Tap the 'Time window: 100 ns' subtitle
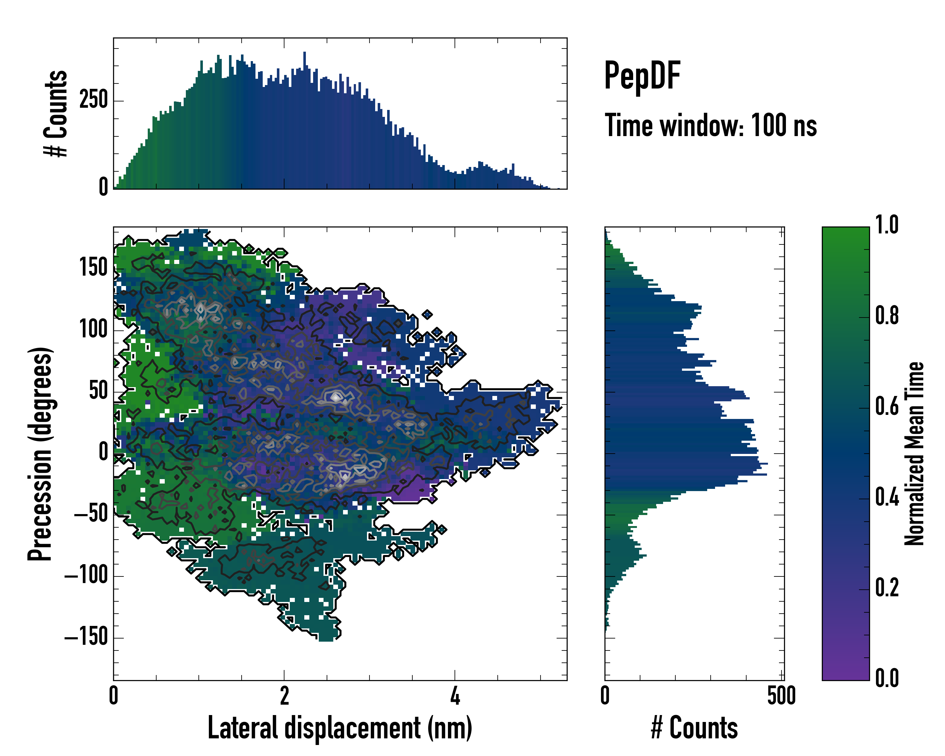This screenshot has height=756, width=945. pyautogui.click(x=711, y=126)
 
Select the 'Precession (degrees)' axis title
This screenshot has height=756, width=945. pyautogui.click(x=40, y=454)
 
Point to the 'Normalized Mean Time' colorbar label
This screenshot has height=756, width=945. pyautogui.click(x=914, y=454)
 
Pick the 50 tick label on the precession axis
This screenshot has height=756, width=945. pyautogui.click(x=98, y=391)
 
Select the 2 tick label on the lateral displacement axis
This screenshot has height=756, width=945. pyautogui.click(x=284, y=696)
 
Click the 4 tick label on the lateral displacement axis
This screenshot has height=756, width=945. pyautogui.click(x=455, y=696)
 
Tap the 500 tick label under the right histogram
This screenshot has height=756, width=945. pyautogui.click(x=781, y=696)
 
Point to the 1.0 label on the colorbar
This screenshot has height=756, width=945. pyautogui.click(x=887, y=225)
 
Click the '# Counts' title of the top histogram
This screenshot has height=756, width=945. pyautogui.click(x=56, y=113)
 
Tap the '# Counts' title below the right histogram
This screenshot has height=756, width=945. pyautogui.click(x=694, y=728)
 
